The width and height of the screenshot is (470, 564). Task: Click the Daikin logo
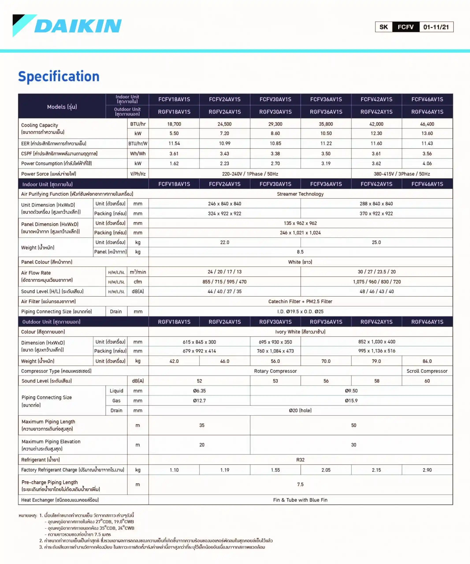[x=67, y=26]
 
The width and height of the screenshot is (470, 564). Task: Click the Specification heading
[x=59, y=76]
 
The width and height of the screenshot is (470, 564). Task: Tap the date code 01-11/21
[x=436, y=27]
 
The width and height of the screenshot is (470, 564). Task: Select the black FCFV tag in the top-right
[x=405, y=27]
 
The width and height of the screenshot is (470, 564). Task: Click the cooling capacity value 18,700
[x=174, y=124]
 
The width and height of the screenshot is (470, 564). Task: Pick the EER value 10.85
[x=275, y=143]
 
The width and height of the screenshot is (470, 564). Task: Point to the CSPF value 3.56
[x=427, y=154]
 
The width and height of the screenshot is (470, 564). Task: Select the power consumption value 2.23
[x=225, y=163]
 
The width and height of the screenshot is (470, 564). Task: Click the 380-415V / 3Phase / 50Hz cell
[x=402, y=174]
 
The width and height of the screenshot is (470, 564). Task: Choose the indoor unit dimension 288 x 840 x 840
[x=376, y=204]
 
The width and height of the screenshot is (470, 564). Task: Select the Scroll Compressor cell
[x=427, y=371]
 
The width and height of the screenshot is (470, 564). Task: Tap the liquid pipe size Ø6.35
[x=199, y=391]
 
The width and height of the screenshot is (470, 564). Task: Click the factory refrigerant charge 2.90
[x=427, y=470]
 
